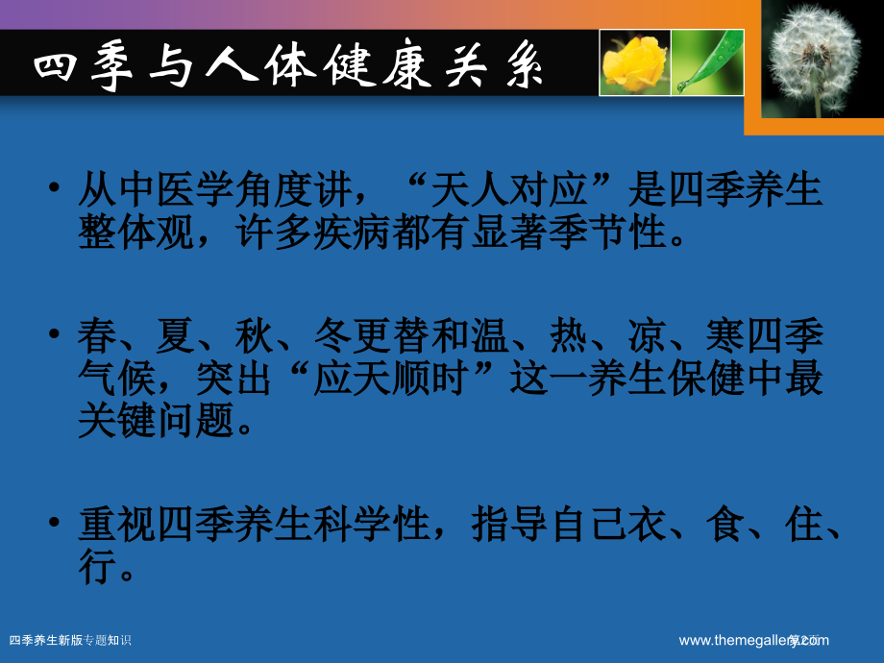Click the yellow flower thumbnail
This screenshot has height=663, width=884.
coord(634,62)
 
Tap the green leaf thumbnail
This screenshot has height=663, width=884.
coord(707,62)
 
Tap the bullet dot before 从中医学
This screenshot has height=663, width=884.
coord(57,189)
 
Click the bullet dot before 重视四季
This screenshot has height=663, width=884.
coord(57,526)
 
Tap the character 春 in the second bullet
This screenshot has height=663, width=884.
coord(96,338)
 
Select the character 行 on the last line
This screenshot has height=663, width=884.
coord(96,569)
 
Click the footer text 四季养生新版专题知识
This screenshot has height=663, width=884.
coord(69,640)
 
